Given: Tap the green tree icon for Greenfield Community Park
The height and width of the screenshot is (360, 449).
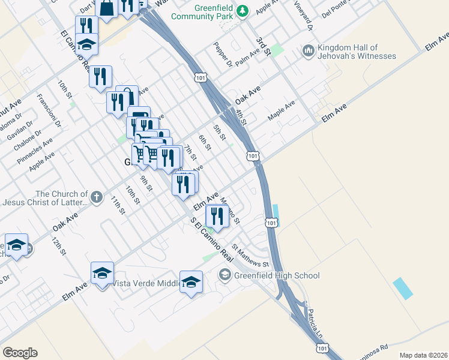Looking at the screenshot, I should pyautogui.click(x=243, y=10).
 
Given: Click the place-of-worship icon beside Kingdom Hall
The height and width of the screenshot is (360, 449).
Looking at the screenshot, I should pyautogui.click(x=309, y=51).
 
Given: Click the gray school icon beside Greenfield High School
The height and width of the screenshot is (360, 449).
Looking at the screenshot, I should pyautogui.click(x=224, y=275).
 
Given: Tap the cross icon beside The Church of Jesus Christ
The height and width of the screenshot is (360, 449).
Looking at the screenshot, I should pyautogui.click(x=96, y=196).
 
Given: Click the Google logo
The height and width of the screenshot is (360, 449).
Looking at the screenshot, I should pyautogui.click(x=20, y=353).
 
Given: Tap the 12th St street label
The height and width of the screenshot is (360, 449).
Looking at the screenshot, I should pyautogui.click(x=58, y=246).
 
